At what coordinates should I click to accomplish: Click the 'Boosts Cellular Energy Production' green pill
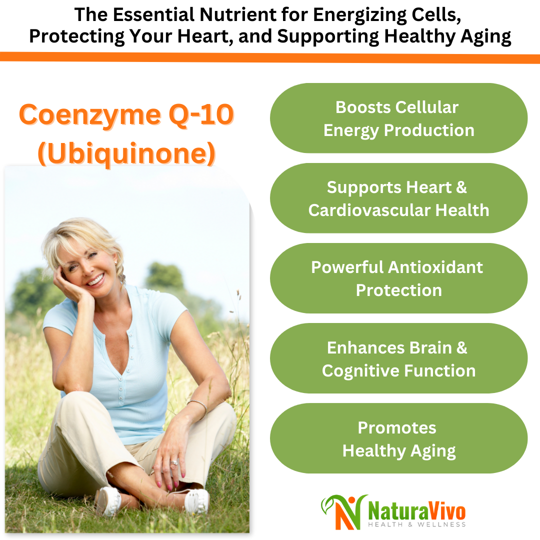tap(398, 118)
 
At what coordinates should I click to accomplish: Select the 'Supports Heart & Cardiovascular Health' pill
tap(398, 198)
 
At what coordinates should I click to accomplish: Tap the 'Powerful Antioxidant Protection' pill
tap(398, 278)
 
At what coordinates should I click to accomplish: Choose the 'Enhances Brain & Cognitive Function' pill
tap(398, 358)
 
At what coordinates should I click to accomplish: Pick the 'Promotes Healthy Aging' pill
tap(398, 438)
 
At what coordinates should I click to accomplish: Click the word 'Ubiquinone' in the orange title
tap(127, 155)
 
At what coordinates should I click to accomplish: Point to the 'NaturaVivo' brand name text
tap(416, 510)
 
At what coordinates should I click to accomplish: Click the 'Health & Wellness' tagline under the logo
tap(416, 524)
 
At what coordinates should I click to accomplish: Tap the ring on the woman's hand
tap(174, 463)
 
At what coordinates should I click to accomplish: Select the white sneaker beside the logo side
tap(196, 500)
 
